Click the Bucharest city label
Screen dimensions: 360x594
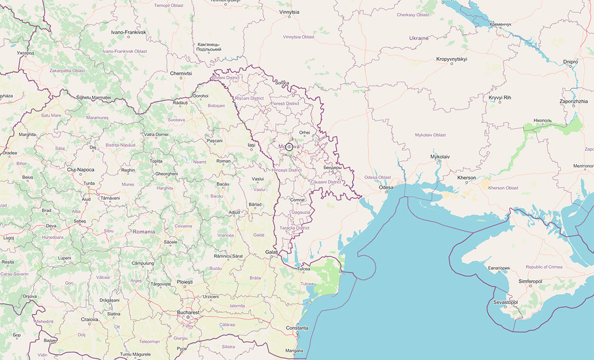click(188, 312)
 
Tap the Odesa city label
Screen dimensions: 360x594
click(386, 188)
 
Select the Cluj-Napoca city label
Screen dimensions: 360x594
click(80, 170)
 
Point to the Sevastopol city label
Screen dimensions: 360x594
click(505, 302)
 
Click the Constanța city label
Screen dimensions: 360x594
click(297, 328)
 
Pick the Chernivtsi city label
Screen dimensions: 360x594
click(181, 74)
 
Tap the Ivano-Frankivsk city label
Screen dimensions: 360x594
click(129, 32)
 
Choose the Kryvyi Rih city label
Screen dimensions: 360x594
click(500, 98)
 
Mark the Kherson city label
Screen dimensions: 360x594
click(466, 178)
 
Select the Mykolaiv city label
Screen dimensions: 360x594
click(440, 157)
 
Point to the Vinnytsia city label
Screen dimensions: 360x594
click(289, 11)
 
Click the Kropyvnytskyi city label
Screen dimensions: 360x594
click(451, 59)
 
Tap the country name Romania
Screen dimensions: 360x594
click(144, 231)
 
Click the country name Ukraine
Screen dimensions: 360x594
click(419, 38)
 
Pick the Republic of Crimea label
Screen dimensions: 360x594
click(544, 267)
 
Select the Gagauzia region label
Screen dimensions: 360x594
click(301, 212)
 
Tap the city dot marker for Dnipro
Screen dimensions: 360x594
click(571, 67)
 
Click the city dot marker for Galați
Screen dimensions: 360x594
click(272, 257)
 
